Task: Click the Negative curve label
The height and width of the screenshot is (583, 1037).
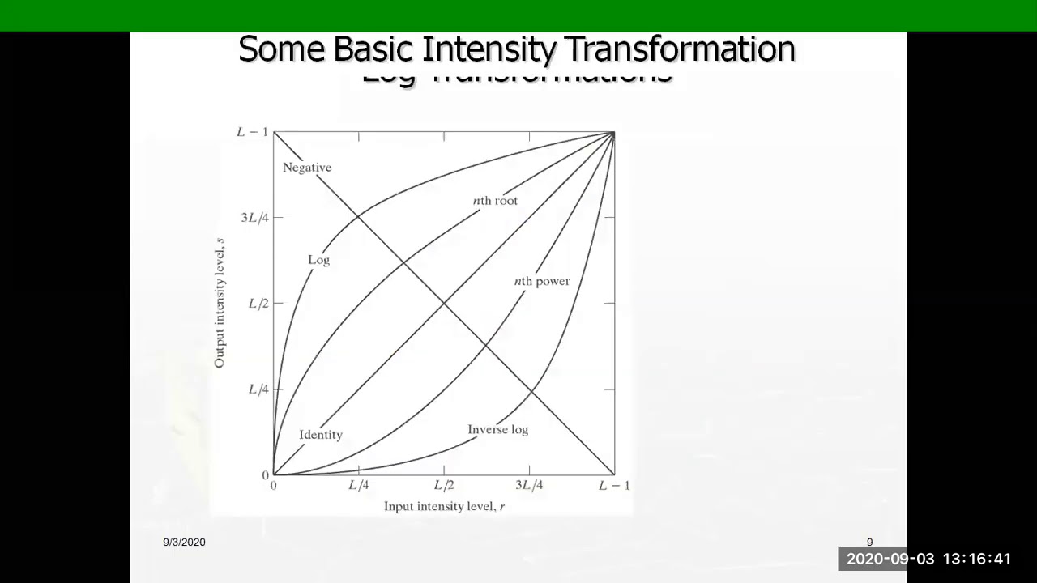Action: pos(307,168)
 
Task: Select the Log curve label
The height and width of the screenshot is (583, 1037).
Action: pos(318,260)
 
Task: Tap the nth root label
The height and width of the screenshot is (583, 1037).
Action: pos(495,201)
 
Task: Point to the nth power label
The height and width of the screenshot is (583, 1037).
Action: pos(542,282)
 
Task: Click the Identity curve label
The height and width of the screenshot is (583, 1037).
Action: pos(321,435)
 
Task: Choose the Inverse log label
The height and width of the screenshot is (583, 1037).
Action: pos(497,429)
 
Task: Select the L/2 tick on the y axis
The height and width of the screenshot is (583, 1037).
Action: pos(258,304)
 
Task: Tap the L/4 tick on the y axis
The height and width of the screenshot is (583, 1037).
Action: pos(258,389)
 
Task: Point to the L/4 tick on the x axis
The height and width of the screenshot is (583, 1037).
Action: pos(358,486)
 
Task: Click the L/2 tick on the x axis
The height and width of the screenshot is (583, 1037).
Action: pos(443,486)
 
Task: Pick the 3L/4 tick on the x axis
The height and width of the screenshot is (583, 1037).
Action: pos(529,486)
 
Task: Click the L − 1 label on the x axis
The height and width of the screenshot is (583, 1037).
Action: pos(613,486)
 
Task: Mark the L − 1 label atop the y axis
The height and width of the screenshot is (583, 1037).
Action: pos(251,132)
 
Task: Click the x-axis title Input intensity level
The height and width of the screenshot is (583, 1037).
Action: pos(444,507)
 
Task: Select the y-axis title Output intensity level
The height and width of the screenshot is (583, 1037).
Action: pos(220,304)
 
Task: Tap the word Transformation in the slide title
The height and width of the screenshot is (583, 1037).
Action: pos(680,49)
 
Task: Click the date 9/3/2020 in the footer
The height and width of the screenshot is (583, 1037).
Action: pos(184,543)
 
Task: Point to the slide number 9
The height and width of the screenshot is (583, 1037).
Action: pos(869,543)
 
